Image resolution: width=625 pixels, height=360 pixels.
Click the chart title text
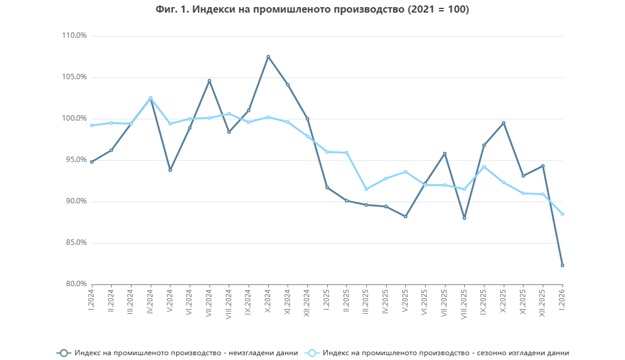[312, 10]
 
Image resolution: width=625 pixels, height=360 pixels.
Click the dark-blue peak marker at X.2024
[268, 57]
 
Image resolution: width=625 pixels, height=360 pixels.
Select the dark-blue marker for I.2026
[563, 265]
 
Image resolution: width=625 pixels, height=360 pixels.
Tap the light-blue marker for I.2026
[563, 214]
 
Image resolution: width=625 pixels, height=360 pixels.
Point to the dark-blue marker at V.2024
[170, 170]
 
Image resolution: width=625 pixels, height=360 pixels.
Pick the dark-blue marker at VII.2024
[210, 80]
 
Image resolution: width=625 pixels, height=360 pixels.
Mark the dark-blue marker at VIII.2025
[464, 218]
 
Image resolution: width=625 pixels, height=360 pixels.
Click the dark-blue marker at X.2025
[504, 123]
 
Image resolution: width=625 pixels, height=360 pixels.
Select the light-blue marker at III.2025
[366, 189]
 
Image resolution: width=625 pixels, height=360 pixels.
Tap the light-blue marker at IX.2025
[484, 167]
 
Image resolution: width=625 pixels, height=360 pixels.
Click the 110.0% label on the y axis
[75, 36]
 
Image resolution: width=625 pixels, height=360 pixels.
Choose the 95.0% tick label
[75, 160]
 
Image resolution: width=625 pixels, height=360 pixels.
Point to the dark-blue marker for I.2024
[92, 162]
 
